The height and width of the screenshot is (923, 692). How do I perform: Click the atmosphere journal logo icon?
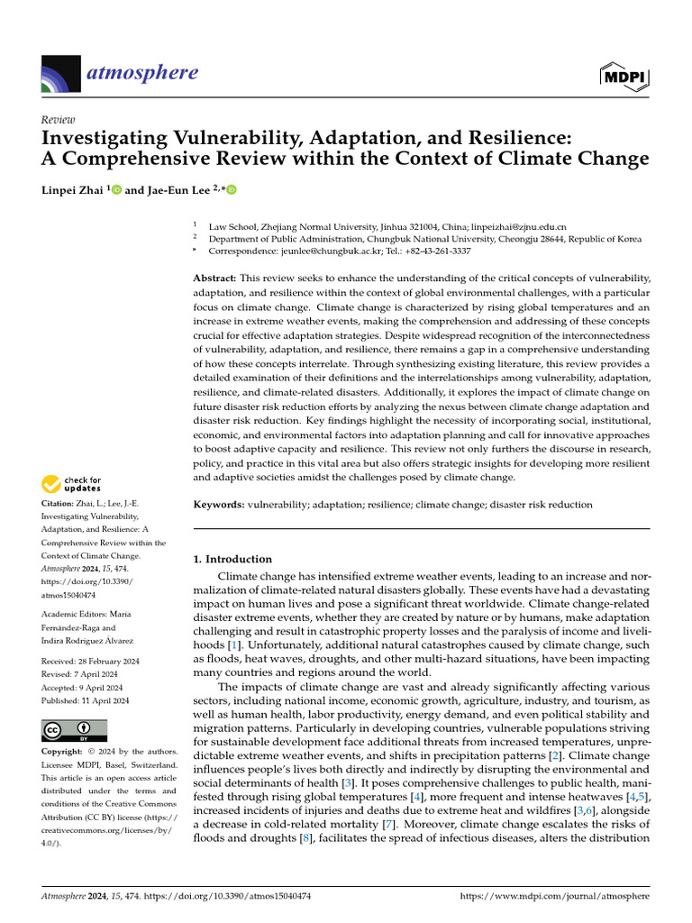(61, 73)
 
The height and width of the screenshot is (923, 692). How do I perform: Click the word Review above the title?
(59, 119)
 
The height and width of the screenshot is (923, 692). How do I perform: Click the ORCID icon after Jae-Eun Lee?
(231, 190)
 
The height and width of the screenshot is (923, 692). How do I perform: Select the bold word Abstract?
(215, 279)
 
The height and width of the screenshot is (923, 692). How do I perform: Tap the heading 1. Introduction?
(232, 559)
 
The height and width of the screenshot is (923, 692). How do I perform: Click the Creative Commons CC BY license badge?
(74, 730)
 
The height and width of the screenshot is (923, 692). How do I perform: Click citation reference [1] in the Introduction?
(234, 646)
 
